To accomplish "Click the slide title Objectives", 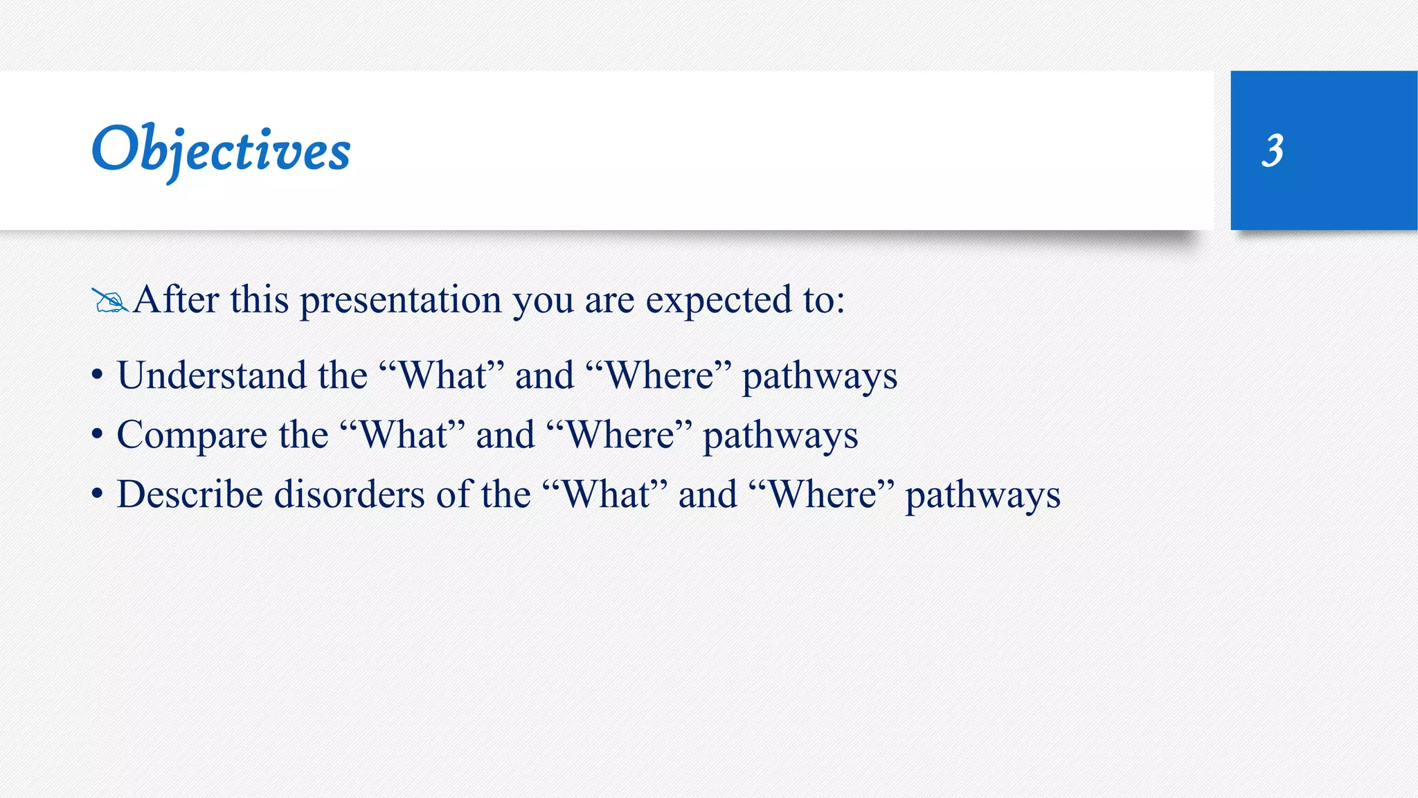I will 221,150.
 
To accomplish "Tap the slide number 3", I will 1273,150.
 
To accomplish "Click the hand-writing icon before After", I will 109,301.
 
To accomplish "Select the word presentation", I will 400,301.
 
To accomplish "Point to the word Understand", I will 211,375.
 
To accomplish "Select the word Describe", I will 190,495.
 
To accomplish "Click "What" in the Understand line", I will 442,375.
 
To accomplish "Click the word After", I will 176,300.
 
